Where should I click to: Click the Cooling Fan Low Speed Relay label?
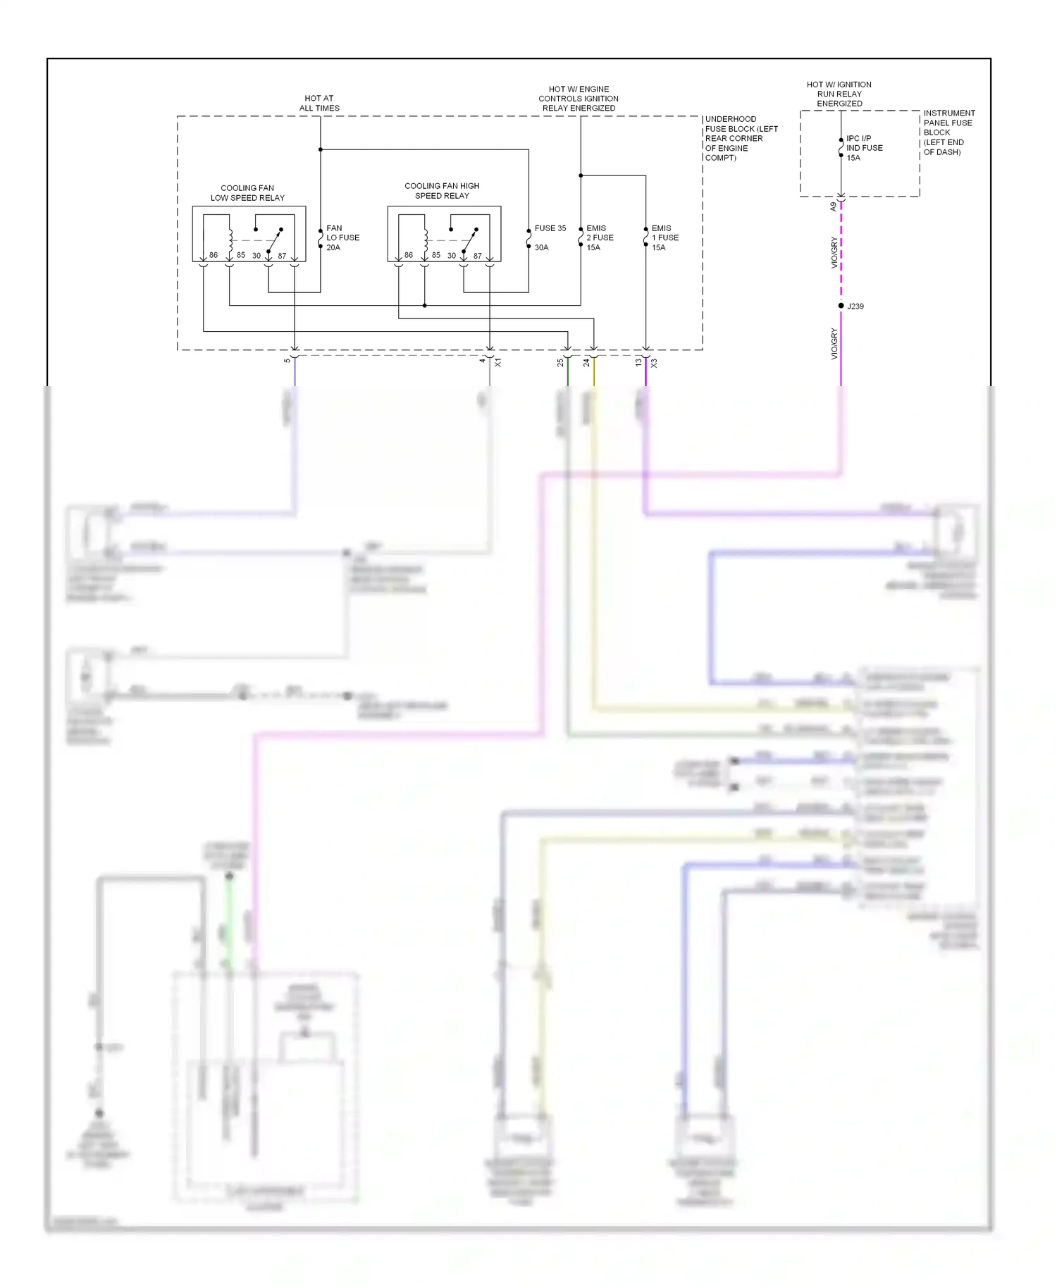click(247, 193)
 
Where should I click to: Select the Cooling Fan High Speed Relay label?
click(442, 191)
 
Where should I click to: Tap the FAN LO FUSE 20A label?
click(342, 238)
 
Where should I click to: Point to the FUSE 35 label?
click(550, 228)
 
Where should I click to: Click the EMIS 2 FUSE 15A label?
click(600, 238)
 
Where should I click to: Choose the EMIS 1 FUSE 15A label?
click(665, 238)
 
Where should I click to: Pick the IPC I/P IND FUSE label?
click(864, 148)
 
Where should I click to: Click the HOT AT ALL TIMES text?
click(319, 104)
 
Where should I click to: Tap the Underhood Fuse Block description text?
click(741, 139)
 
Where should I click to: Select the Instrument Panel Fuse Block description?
click(948, 132)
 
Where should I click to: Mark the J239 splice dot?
click(841, 306)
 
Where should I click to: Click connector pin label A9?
click(833, 207)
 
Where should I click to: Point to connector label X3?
click(654, 363)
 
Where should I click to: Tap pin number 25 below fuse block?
click(560, 363)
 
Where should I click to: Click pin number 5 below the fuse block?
click(287, 361)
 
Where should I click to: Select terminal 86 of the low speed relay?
click(214, 255)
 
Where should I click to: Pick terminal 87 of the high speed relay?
click(478, 256)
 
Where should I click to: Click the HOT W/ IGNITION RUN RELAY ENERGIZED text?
click(839, 94)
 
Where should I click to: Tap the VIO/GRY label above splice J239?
click(834, 252)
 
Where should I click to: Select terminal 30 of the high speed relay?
click(452, 256)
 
